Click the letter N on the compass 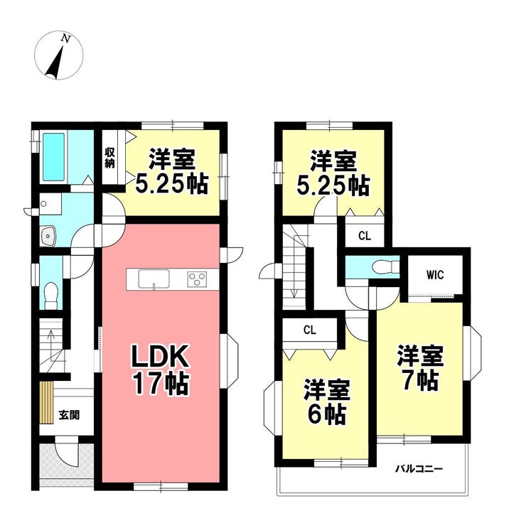[x=65, y=39]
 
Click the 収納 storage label [x=110, y=158]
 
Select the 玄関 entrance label [x=69, y=415]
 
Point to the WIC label [x=435, y=275]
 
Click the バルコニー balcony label [x=419, y=468]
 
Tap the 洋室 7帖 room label [x=421, y=368]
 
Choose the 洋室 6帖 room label [x=327, y=402]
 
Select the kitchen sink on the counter [x=154, y=279]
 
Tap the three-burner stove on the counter [x=197, y=279]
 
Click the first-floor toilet [x=51, y=296]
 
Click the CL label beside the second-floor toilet [x=365, y=236]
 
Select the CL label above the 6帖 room [x=310, y=330]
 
